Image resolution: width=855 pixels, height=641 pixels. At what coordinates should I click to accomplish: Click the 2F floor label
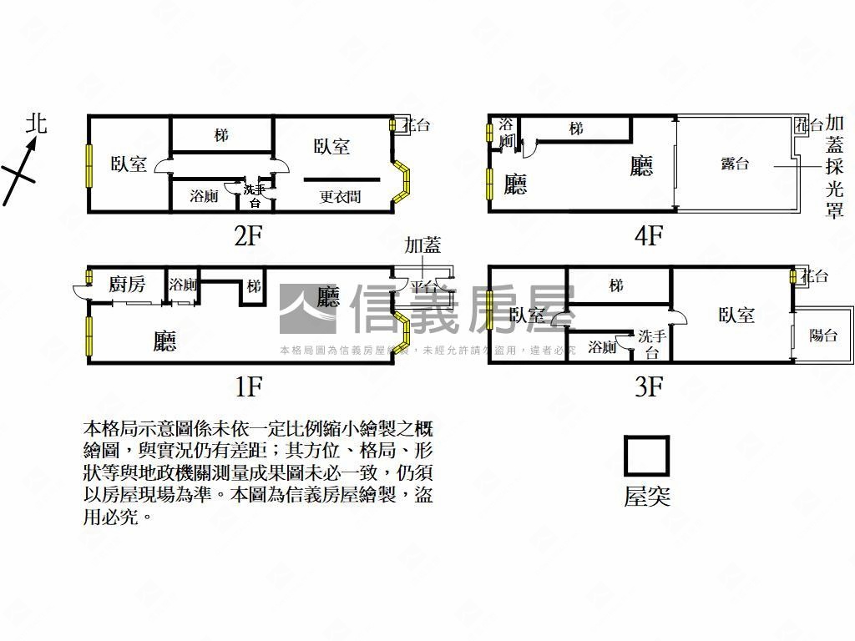tap(248, 236)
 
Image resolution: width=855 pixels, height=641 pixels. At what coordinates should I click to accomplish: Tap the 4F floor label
tap(648, 236)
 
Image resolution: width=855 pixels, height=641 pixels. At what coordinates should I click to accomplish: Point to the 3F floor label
tap(648, 387)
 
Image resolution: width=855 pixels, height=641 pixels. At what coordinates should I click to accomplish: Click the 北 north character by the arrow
tap(36, 124)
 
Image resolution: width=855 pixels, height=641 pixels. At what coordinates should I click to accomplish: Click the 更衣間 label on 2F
tap(340, 198)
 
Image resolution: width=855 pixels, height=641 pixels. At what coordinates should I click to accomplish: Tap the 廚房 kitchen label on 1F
tap(127, 285)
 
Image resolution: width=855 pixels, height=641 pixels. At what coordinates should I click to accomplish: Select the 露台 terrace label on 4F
tap(735, 164)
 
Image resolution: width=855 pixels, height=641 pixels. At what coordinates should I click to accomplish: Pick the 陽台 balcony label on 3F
tap(823, 336)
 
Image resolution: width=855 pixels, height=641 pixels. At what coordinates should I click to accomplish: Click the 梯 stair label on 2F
tap(221, 135)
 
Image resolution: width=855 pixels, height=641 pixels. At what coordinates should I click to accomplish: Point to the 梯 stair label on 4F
tap(576, 129)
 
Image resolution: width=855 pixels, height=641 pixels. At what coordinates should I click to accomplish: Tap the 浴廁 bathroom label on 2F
tap(204, 197)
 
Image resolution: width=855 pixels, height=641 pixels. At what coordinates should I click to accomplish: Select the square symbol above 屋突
tap(647, 456)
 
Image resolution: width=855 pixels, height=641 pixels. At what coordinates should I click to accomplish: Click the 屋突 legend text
tap(647, 497)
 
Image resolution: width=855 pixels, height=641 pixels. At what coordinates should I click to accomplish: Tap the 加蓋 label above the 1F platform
tap(422, 245)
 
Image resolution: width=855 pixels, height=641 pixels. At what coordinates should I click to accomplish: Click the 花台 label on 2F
tap(417, 126)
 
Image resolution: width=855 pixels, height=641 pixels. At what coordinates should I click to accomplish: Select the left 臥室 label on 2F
tap(129, 164)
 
